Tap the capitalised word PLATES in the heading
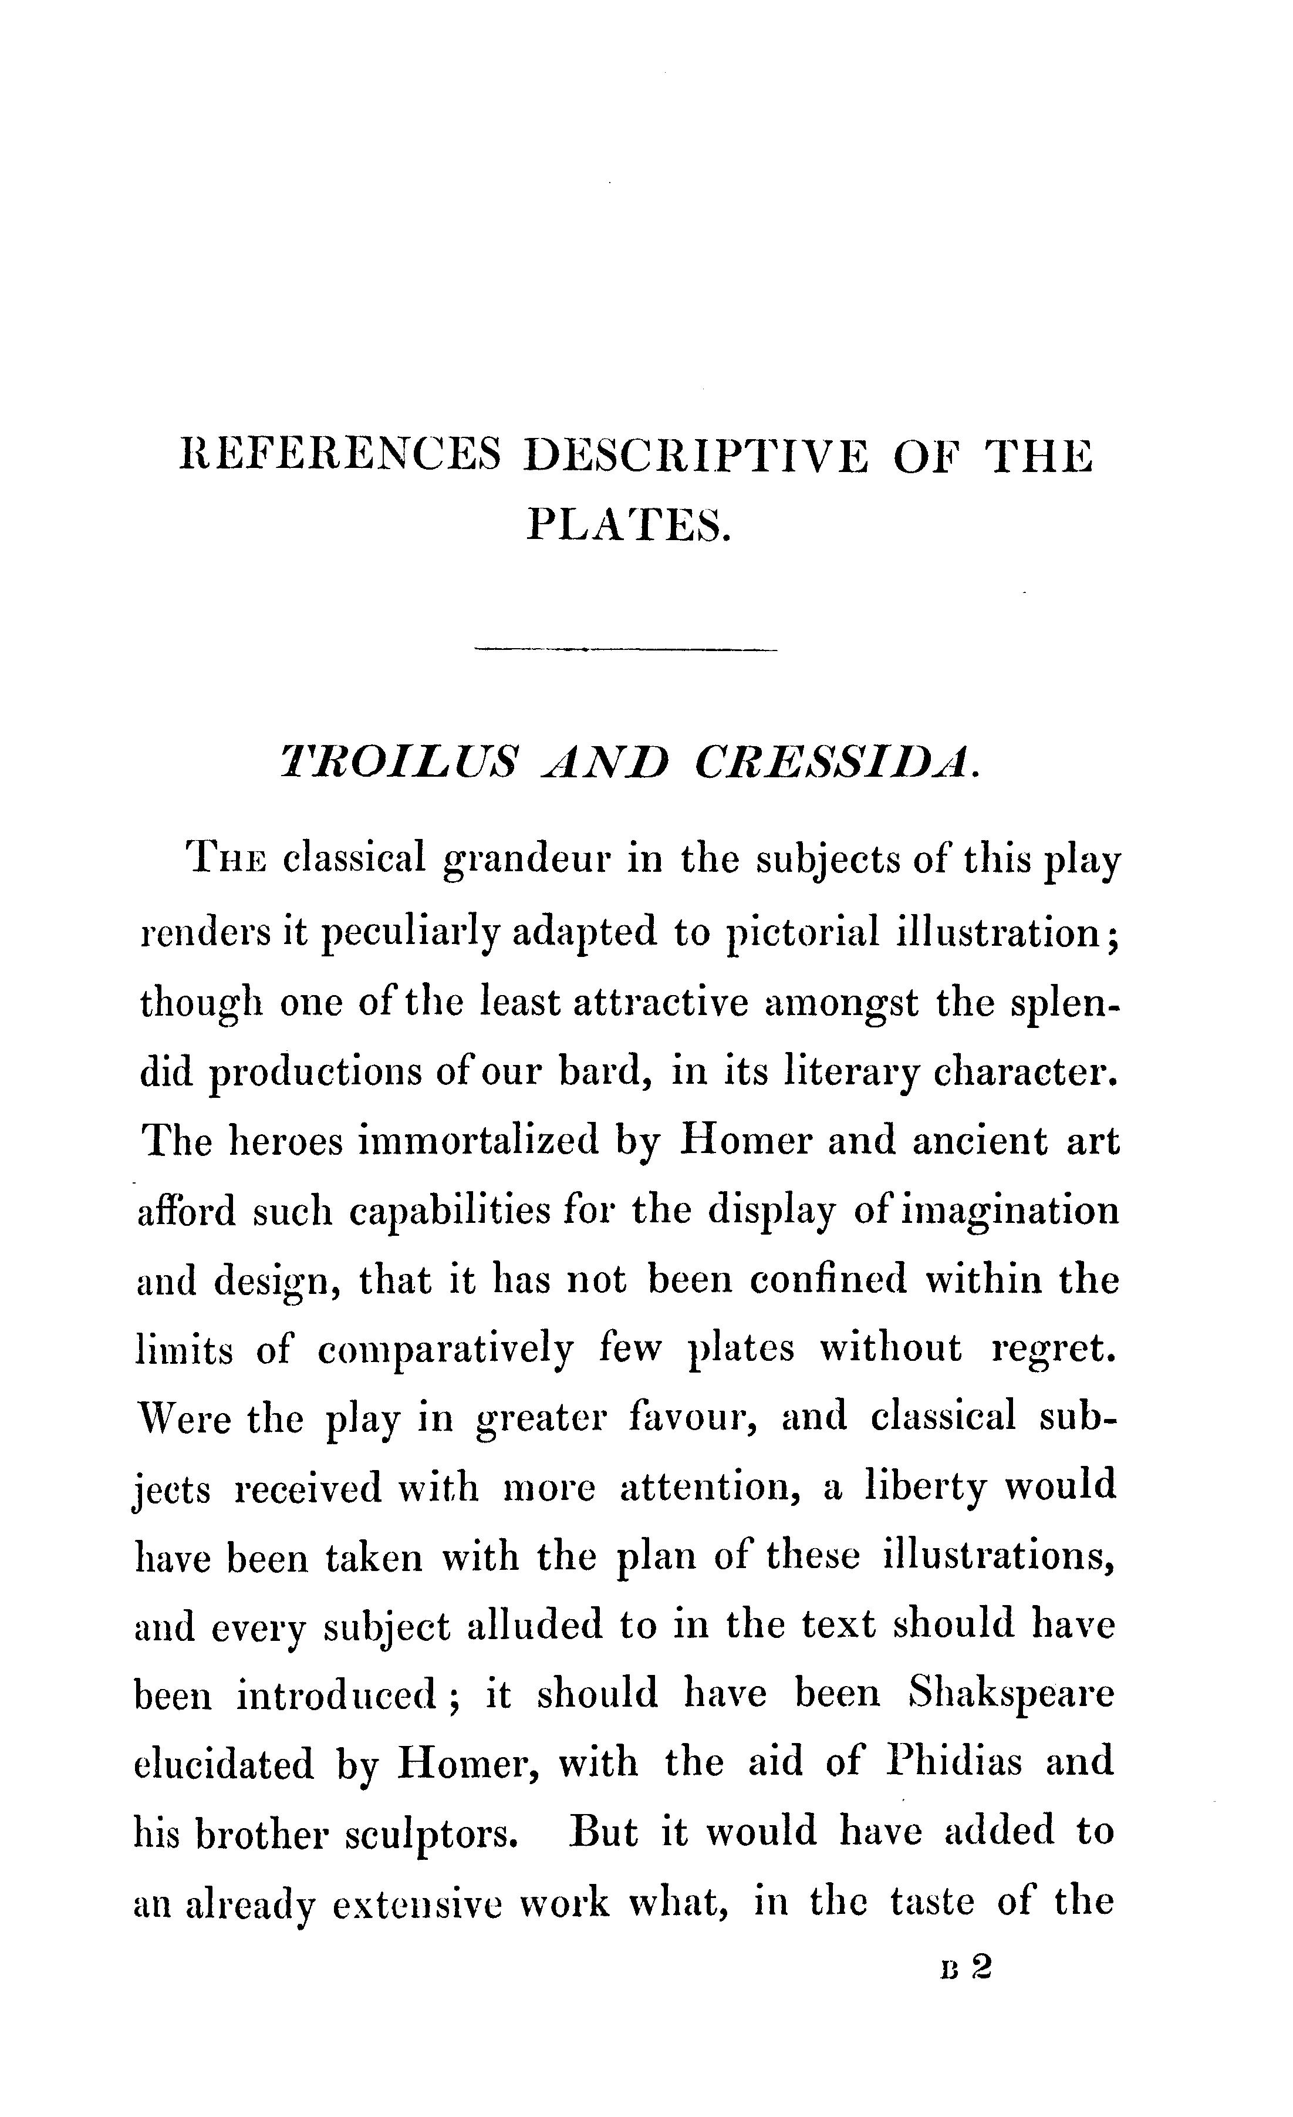point(627,524)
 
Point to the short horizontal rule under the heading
point(626,649)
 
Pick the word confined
point(828,1279)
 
